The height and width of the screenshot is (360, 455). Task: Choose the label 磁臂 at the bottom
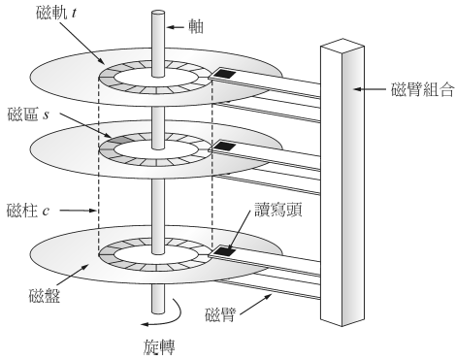[221, 313]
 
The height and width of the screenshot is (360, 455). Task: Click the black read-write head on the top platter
[227, 75]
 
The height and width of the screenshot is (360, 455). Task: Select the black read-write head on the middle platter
[226, 147]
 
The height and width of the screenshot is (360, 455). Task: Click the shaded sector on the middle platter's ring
[114, 146]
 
